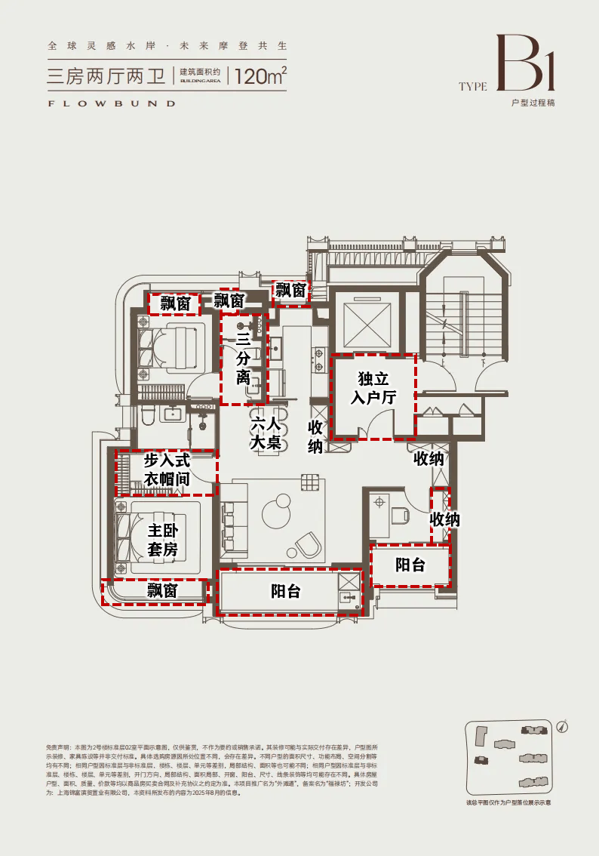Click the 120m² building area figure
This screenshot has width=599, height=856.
[261, 75]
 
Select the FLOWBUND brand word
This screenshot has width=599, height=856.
[111, 103]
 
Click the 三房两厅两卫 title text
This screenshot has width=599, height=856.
[107, 75]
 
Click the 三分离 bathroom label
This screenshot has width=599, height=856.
[243, 358]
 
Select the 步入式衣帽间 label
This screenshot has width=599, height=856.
[167, 469]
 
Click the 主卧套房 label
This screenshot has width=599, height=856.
[162, 540]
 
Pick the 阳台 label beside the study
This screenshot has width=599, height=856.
[410, 565]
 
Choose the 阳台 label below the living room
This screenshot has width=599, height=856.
[286, 591]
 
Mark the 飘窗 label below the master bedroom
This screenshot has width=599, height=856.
[161, 590]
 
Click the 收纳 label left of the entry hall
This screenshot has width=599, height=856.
[315, 436]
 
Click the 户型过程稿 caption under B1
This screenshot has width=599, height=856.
[533, 103]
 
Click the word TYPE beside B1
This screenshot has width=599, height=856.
[473, 86]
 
